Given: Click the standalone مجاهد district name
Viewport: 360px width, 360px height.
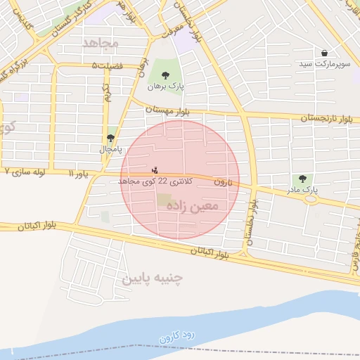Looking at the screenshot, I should click(x=101, y=44).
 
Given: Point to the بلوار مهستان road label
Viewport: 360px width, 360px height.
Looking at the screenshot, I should click(x=168, y=110).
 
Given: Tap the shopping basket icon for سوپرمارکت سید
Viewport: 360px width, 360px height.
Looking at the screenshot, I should click(x=323, y=53).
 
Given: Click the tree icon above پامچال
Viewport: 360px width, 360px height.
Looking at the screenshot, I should click(x=110, y=138).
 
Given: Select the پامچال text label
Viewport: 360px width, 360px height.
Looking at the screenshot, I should click(x=110, y=150).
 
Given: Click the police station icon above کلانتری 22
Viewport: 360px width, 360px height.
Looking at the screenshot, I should click(x=155, y=170).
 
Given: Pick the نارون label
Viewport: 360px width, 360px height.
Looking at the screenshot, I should click(x=223, y=181).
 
